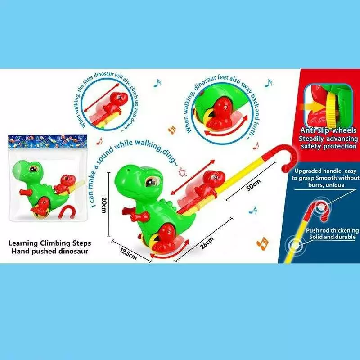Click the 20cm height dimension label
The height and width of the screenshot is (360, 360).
tap(104, 205)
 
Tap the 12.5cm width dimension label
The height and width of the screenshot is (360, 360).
tap(129, 253)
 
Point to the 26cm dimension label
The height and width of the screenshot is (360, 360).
tap(207, 243)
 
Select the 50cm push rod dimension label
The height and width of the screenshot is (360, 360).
tap(253, 185)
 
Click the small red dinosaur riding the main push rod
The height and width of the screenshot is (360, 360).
tap(209, 184)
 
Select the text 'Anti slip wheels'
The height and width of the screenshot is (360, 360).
tap(328, 130)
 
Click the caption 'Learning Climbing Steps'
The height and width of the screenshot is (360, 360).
tap(50, 243)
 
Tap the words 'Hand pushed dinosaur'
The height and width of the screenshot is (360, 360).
tap(50, 251)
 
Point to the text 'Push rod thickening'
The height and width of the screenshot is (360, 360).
tap(332, 230)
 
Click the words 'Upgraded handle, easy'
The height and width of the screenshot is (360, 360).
tap(325, 171)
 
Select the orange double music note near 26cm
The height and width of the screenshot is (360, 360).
tap(262, 243)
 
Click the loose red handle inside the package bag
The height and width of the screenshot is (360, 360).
tap(67, 212)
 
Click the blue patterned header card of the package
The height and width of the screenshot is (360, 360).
tap(48, 141)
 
